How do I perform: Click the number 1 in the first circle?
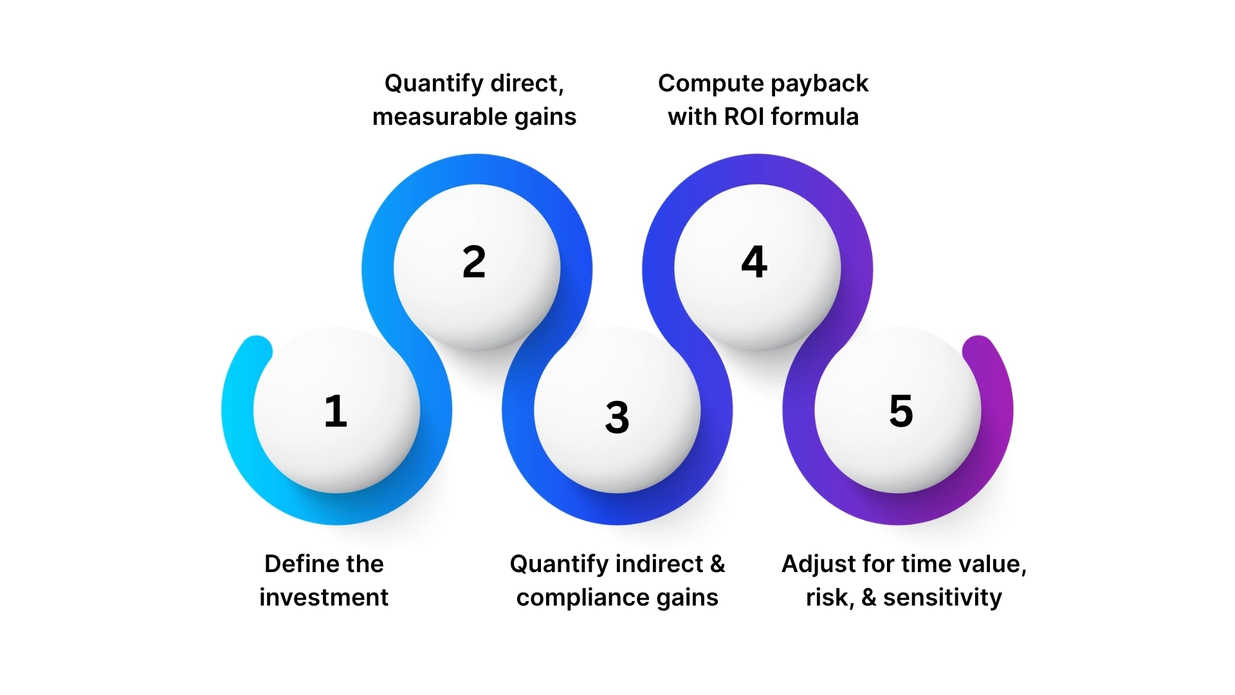pos(336,411)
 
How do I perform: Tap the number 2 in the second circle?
pos(474,262)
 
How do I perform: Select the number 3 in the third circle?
pos(617,417)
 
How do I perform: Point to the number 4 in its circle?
pos(755,262)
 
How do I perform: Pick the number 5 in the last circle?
pos(901,411)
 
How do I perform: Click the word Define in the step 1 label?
pos(292,564)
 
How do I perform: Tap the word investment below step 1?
pos(324,597)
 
